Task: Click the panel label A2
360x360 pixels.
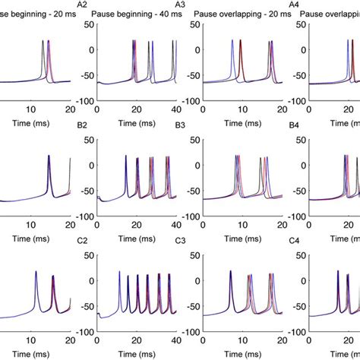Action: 82,5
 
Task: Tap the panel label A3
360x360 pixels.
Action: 179,5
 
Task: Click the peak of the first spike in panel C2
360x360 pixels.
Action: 120,272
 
